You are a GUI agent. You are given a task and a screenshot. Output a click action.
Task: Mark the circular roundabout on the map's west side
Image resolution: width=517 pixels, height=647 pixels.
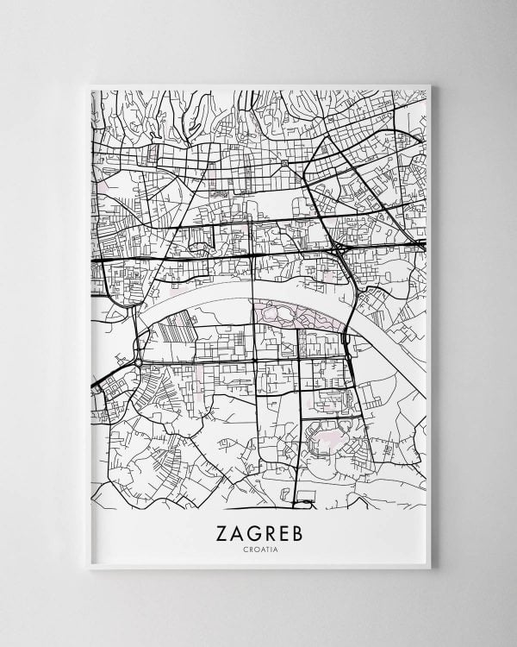coord(137,363)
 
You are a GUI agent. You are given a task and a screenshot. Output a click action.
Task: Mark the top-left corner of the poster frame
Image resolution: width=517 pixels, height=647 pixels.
coord(90,85)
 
